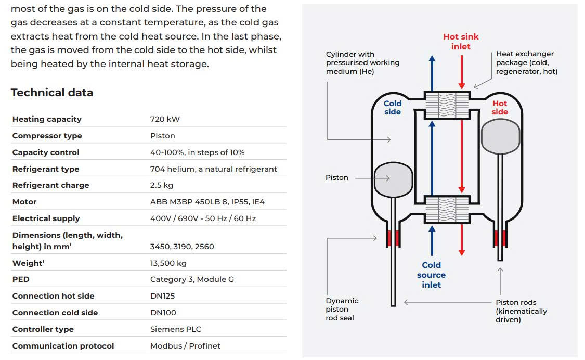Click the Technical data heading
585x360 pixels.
click(52, 93)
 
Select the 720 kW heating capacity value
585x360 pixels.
click(165, 119)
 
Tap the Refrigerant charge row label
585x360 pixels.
click(51, 185)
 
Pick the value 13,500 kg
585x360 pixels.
click(168, 263)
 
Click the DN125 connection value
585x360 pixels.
click(162, 296)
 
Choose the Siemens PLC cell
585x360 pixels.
click(176, 329)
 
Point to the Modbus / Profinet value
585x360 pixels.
click(186, 346)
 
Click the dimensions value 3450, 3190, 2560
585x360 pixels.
click(182, 247)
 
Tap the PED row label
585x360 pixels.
click(21, 279)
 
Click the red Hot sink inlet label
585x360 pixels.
click(461, 42)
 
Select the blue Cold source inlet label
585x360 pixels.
click(431, 275)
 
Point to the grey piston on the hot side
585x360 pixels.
click(501, 136)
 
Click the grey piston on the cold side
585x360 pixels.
click(393, 179)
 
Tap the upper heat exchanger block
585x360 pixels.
click(447, 105)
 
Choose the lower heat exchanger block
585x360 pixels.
click(447, 210)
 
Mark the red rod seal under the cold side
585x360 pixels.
click(393, 238)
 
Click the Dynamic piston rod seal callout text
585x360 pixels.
click(342, 310)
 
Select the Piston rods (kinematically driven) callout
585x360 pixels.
click(521, 311)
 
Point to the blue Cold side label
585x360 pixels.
click(393, 108)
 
